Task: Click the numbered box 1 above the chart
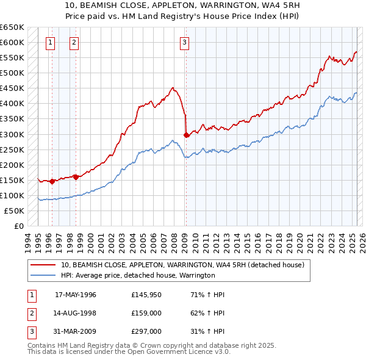[x=49, y=42]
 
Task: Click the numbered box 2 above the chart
[x=73, y=42]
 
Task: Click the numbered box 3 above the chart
[x=184, y=42]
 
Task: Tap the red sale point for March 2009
[x=186, y=135]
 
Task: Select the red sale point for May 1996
[x=52, y=181]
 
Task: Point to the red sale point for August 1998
[x=76, y=177]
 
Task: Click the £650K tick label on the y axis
[x=12, y=27]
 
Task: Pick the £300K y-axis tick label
[x=12, y=134]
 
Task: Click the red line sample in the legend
[x=43, y=265]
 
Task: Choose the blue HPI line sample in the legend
[x=43, y=276]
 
